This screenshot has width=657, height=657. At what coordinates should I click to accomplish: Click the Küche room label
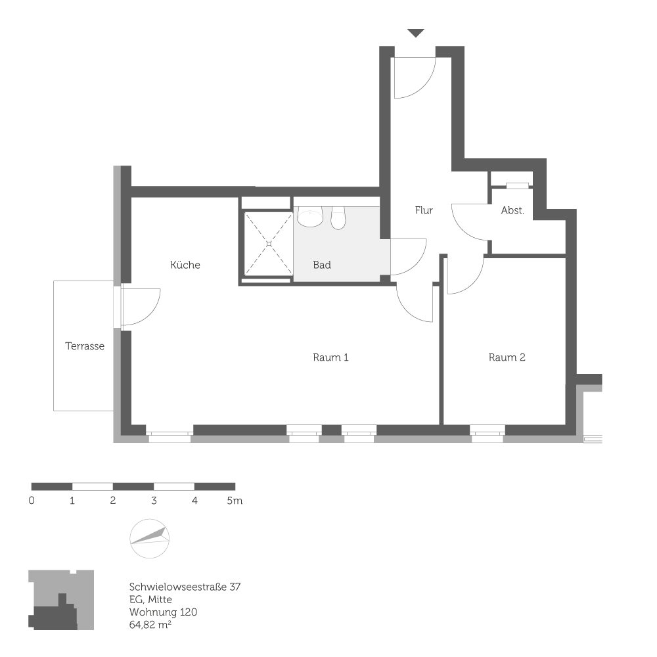(x=185, y=265)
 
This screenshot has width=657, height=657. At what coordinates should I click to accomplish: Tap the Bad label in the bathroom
(x=322, y=265)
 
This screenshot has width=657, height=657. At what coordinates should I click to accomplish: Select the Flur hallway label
(x=424, y=210)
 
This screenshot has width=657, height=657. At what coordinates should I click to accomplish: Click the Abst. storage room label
(x=512, y=210)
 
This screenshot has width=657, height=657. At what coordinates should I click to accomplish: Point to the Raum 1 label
(x=330, y=357)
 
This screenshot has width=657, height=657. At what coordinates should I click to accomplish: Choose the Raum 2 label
(x=507, y=357)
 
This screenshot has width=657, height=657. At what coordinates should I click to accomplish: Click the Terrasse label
(x=85, y=346)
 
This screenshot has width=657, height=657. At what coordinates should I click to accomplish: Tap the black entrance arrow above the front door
(x=416, y=33)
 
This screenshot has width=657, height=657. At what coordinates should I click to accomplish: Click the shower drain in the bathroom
(x=269, y=244)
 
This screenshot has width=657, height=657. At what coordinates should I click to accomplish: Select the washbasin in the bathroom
(x=309, y=217)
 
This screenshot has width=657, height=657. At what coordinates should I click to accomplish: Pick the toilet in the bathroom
(x=338, y=217)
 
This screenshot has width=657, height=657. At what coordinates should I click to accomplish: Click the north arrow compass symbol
(x=150, y=539)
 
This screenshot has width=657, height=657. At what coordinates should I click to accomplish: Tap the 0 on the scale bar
(x=32, y=501)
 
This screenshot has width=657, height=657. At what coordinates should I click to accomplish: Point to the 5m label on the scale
(x=235, y=501)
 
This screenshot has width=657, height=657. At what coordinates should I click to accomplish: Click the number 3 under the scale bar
(x=154, y=501)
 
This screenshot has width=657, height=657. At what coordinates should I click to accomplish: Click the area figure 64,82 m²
(x=151, y=624)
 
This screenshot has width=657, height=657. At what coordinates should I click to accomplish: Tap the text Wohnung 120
(x=163, y=612)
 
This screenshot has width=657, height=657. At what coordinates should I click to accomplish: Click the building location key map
(x=61, y=600)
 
